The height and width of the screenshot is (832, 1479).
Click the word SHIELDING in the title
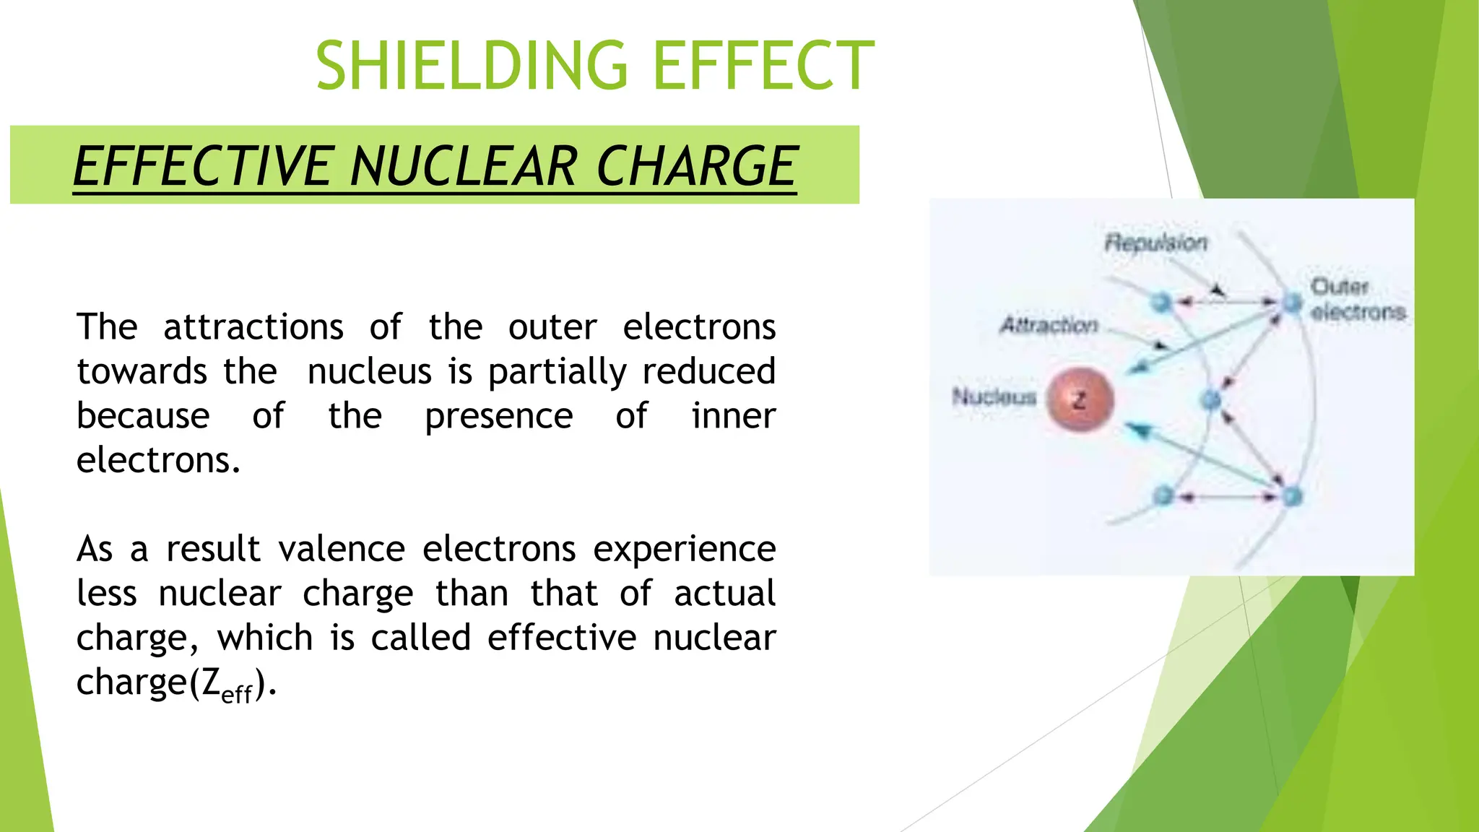[472, 66]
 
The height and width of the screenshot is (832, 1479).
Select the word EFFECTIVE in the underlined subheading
[202, 167]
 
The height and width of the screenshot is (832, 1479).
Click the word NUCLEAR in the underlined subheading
[463, 167]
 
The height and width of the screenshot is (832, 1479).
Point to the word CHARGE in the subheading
[696, 167]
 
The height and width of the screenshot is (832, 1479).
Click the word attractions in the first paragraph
[253, 327]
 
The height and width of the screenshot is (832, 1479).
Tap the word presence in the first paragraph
[498, 416]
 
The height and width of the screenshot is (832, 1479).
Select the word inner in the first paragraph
[733, 416]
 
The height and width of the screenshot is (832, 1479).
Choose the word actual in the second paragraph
[724, 594]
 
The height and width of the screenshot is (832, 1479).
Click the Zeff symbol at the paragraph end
[226, 684]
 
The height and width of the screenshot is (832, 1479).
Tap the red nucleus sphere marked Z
[1080, 399]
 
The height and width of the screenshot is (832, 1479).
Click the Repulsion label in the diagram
[1155, 243]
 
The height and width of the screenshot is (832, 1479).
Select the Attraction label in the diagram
[1049, 325]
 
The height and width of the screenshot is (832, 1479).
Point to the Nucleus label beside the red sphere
[994, 396]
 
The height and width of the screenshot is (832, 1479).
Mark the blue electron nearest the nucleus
[1211, 399]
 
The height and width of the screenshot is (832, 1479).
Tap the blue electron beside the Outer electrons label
[1291, 303]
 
